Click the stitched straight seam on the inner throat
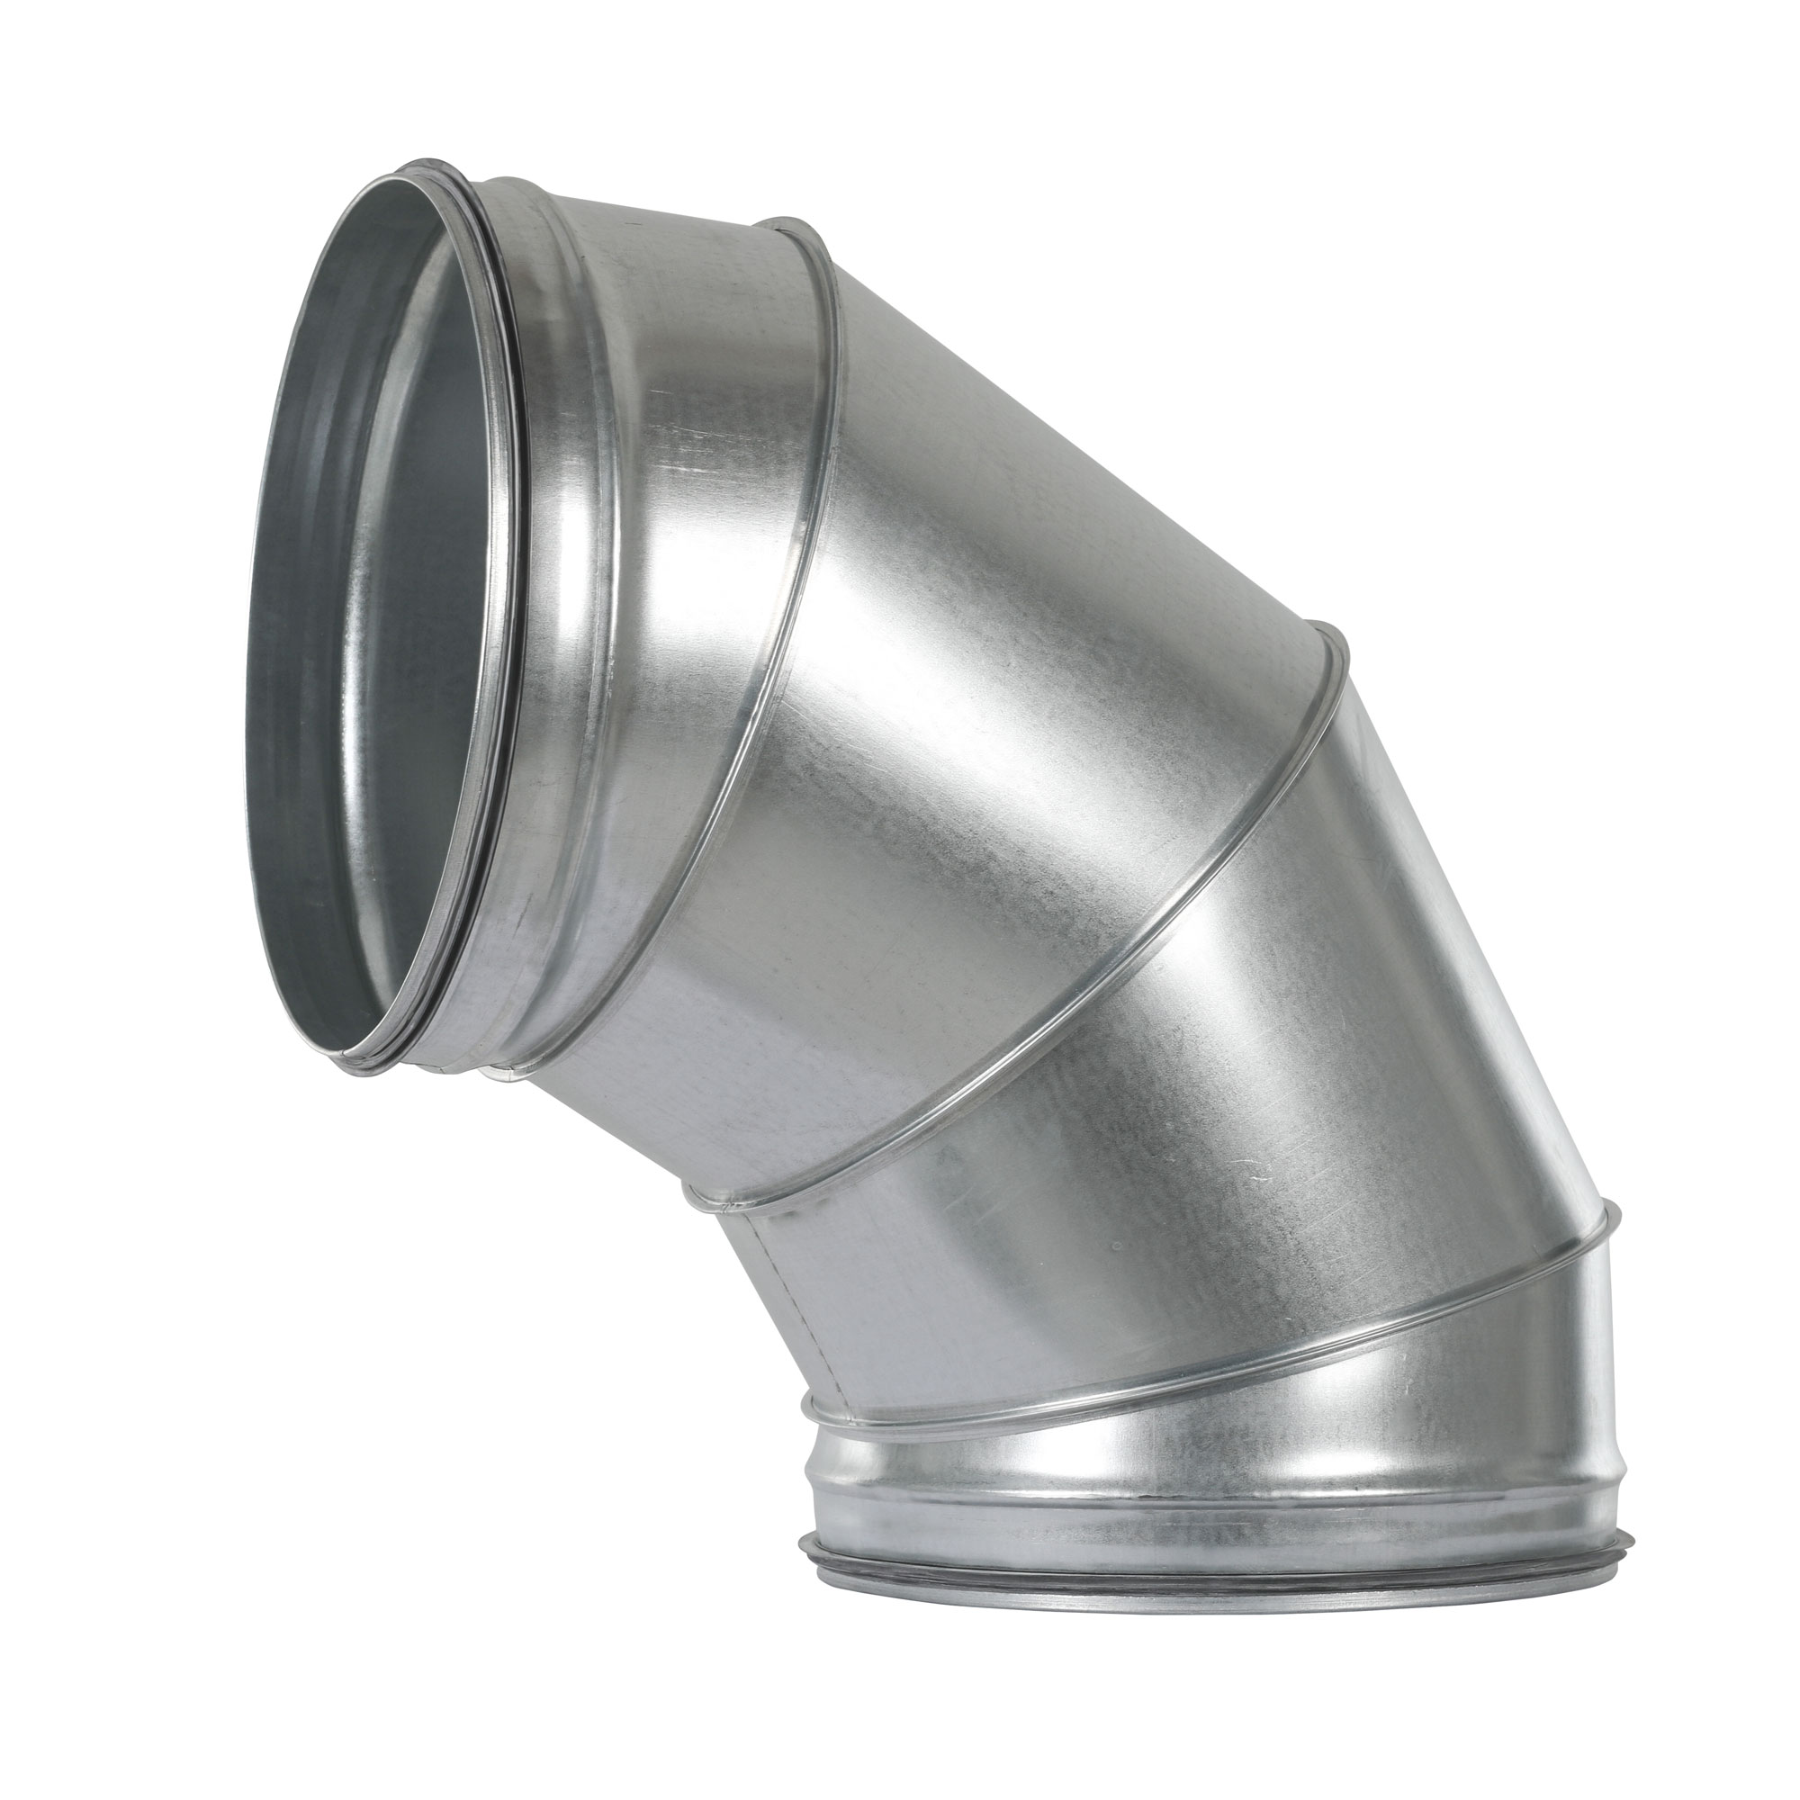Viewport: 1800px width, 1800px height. point(792,1304)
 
